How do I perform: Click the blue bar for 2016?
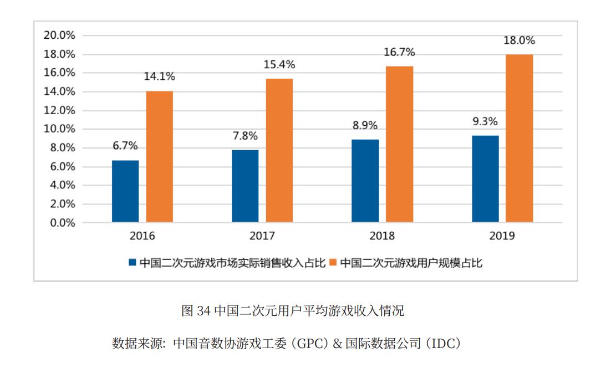point(125,191)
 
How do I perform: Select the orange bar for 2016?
point(160,157)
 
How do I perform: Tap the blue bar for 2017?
point(245,186)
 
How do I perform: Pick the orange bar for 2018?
point(399,145)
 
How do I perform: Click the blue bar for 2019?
point(485,179)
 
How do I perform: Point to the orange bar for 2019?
point(519,139)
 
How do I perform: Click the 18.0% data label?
point(519,40)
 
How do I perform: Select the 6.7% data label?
point(125,146)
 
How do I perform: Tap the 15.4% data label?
point(279,65)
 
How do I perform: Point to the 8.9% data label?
point(365,125)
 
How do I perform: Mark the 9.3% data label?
point(485,121)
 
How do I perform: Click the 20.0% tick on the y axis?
point(59,35)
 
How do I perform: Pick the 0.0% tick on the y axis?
point(62,223)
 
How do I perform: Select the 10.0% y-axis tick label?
point(59,129)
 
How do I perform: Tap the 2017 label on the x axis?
point(262,236)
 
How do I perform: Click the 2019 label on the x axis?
point(502,236)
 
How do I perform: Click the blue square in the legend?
point(132,263)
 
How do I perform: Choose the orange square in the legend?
point(334,263)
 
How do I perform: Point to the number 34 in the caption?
point(203,311)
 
